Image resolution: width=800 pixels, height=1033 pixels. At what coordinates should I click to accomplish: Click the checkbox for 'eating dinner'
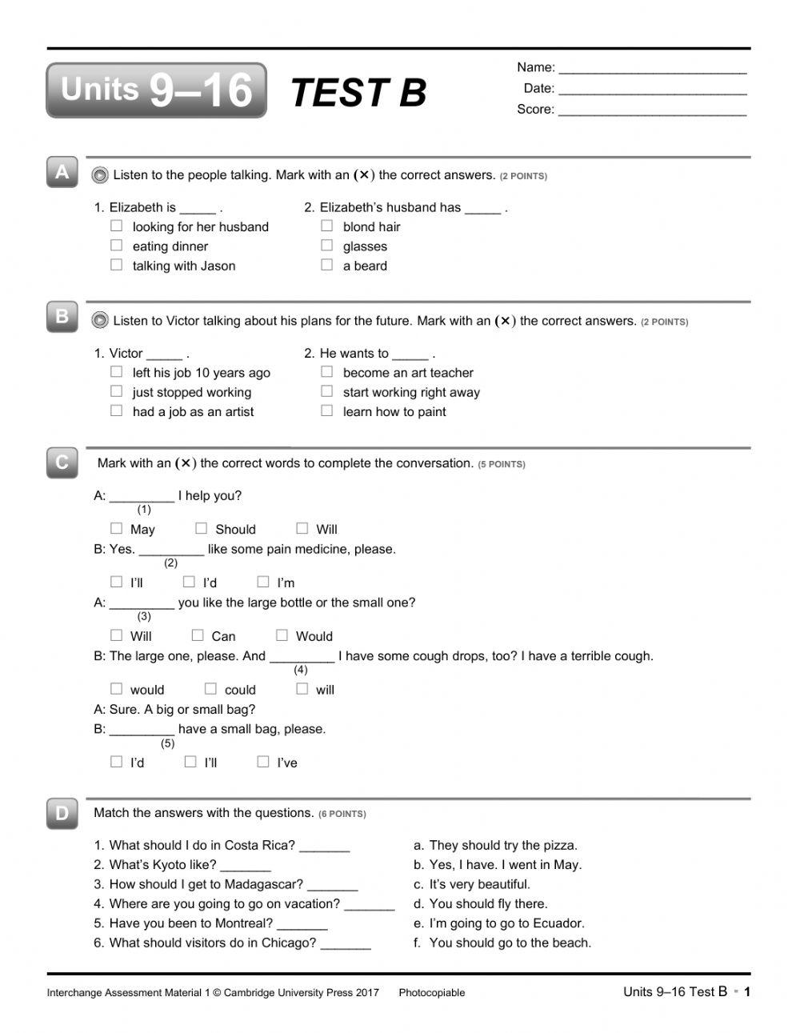[117, 246]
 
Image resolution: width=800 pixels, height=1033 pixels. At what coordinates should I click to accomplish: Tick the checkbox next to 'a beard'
[327, 265]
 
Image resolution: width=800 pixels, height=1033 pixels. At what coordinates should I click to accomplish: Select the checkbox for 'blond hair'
[327, 226]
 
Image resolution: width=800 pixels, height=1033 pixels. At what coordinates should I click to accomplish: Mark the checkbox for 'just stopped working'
[117, 391]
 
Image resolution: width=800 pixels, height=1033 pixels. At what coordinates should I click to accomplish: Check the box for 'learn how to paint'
[327, 410]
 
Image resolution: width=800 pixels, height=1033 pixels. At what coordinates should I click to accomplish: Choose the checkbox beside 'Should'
[202, 528]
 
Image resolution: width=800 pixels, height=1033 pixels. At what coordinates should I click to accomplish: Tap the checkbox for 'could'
[210, 689]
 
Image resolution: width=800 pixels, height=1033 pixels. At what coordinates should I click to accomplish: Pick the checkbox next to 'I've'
[263, 762]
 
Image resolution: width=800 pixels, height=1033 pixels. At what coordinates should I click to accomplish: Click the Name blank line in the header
[652, 68]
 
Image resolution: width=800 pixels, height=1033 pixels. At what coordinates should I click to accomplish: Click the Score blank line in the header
[652, 110]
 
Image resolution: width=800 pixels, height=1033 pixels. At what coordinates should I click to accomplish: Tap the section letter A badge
[62, 172]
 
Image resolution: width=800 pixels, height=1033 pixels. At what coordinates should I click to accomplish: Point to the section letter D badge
[62, 814]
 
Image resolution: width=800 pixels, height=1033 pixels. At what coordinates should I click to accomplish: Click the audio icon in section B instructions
[100, 321]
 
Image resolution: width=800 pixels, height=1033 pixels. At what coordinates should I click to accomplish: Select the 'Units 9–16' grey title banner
[157, 90]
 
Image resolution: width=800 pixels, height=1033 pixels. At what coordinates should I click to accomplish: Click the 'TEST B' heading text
[358, 93]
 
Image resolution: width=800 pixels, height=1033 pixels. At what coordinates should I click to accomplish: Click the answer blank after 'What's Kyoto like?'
[246, 866]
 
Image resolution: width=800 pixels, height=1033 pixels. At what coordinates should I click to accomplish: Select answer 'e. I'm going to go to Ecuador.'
[499, 923]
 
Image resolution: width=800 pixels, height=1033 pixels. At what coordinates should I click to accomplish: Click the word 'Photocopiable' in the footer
[432, 993]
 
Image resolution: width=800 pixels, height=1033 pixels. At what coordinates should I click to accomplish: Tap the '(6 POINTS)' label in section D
[342, 814]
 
